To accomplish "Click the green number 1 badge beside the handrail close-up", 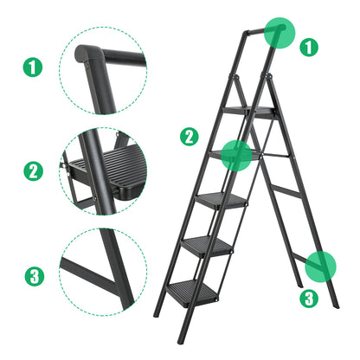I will point(32,65).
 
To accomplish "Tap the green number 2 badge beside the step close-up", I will point(32,170).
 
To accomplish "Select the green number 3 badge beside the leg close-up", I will point(32,277).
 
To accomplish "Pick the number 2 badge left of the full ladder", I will point(189,136).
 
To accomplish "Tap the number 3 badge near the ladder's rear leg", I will point(308,299).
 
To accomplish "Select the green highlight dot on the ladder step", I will point(237,154).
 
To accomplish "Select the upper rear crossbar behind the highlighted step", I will point(273,155).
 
